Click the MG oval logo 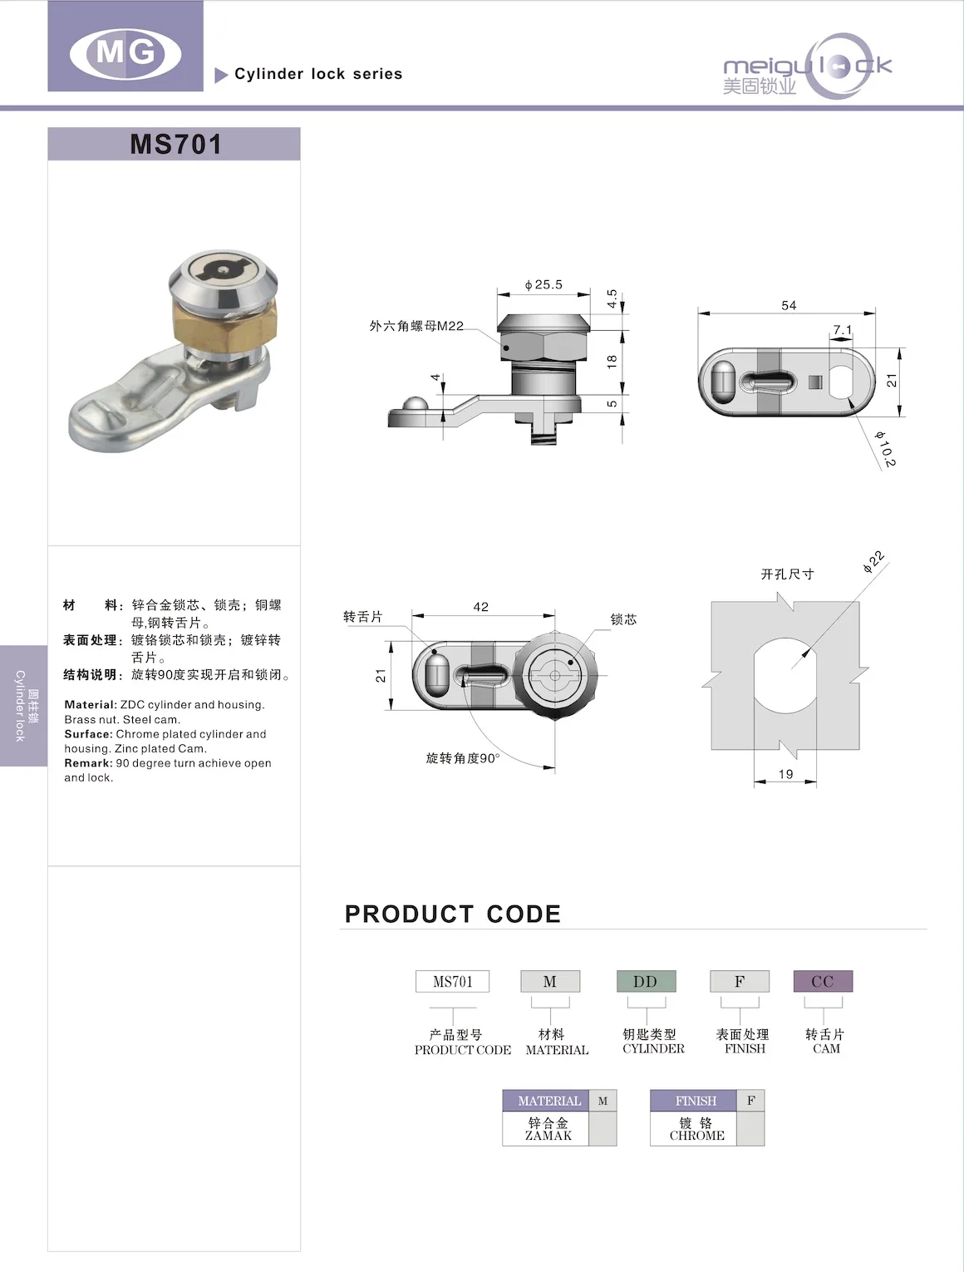point(125,53)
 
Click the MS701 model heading point(175,144)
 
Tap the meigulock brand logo point(807,67)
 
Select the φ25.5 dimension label point(543,285)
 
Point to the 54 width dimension point(789,306)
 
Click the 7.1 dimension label point(842,330)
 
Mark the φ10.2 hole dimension point(885,448)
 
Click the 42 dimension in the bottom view point(481,607)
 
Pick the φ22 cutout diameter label point(873,562)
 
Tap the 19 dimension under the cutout point(785,774)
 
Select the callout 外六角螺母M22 point(416,326)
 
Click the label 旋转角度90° point(462,758)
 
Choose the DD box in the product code point(646,982)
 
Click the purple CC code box point(823,982)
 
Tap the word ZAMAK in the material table point(548,1136)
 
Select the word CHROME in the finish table point(696,1136)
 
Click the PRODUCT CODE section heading point(452,915)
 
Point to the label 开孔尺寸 point(787,574)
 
